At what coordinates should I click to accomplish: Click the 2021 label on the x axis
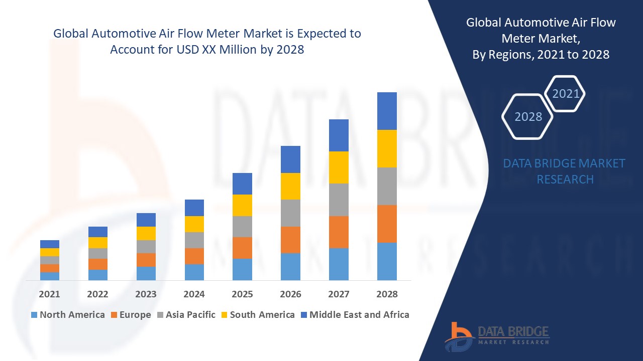coord(49,294)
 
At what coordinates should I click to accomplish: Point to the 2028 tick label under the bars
coord(387,294)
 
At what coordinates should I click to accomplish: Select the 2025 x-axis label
coord(242,294)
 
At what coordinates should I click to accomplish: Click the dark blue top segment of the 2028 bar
coord(387,111)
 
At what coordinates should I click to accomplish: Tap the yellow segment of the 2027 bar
coord(339,167)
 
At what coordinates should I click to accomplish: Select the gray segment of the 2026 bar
coord(290,213)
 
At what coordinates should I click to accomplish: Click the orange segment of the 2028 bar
coord(387,224)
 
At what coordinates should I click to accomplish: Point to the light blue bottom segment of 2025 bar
coord(242,269)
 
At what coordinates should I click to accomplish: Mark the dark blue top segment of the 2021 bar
coord(49,244)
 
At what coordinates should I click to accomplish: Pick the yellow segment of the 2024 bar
coord(194,224)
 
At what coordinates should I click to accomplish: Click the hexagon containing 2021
coord(566,94)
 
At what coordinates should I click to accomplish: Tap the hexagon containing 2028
coord(528,116)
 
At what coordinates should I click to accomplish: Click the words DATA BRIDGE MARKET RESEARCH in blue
coord(565,171)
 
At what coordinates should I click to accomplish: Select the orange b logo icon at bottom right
coord(459,336)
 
